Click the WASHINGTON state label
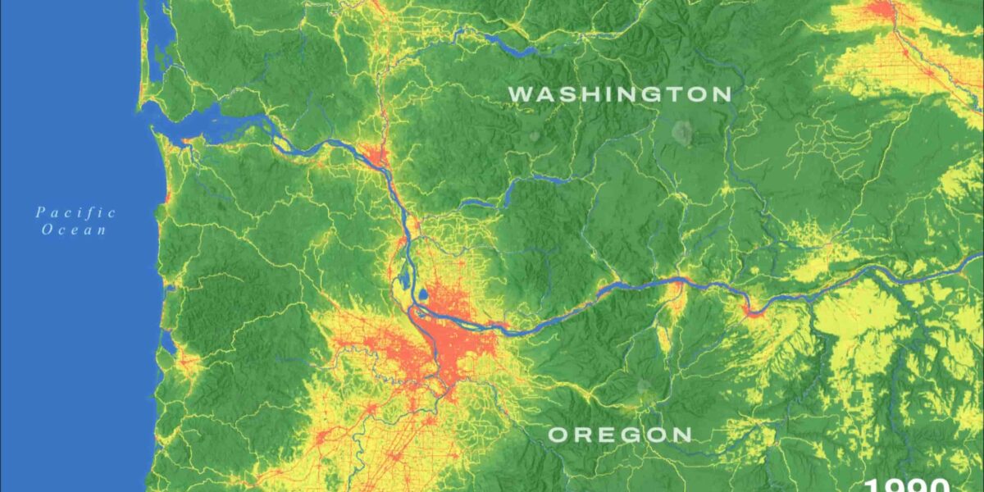tap(620, 93)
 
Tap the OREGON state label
tap(620, 435)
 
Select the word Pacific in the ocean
tap(75, 213)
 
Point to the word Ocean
tap(75, 230)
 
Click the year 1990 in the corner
tap(907, 485)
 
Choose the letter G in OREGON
tap(619, 435)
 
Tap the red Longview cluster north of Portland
tap(376, 156)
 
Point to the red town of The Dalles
tap(752, 310)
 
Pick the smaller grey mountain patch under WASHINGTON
tap(535, 136)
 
